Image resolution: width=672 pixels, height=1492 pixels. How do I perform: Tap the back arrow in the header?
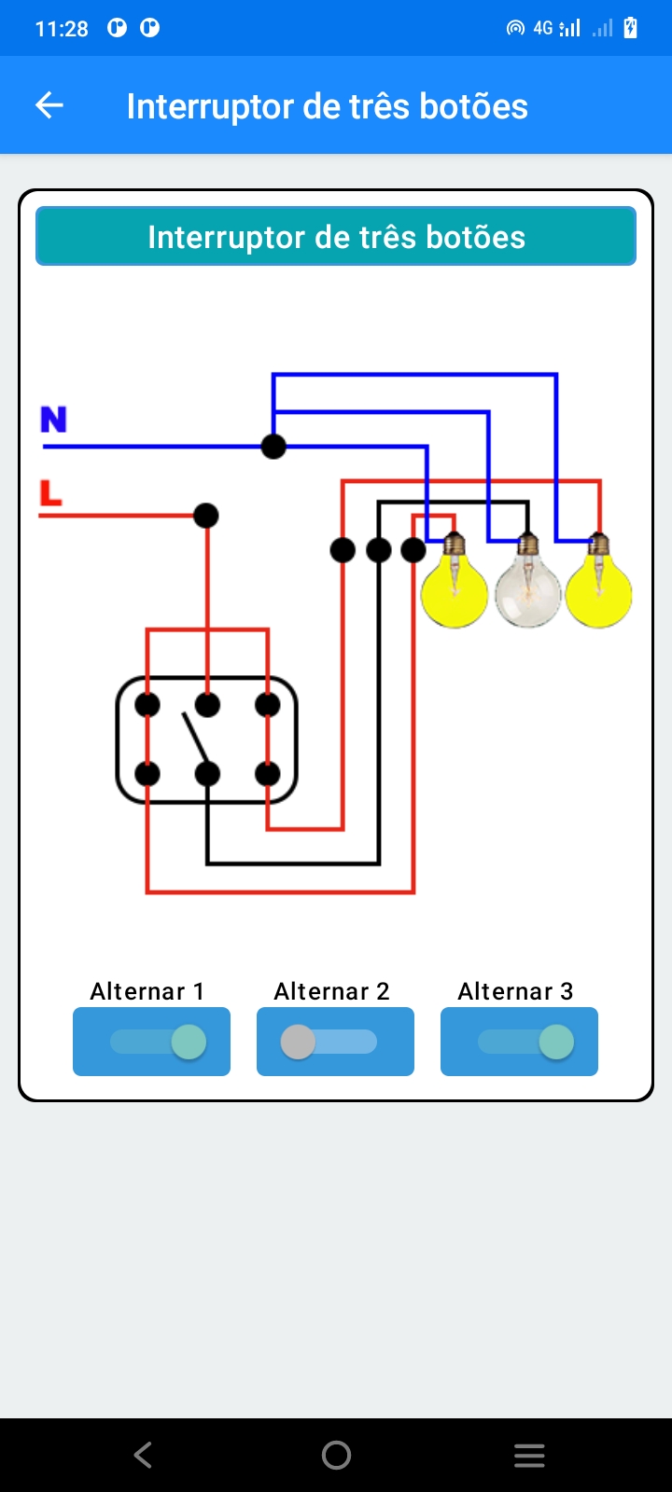tap(49, 105)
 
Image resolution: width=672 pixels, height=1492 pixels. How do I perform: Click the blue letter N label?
tap(53, 420)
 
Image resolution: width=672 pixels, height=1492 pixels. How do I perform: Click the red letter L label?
tap(50, 492)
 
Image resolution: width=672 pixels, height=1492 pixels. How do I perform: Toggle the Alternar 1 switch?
tap(151, 1042)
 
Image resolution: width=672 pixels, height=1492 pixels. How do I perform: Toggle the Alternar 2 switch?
tap(335, 1042)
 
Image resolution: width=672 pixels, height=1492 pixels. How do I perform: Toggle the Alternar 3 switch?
tap(519, 1042)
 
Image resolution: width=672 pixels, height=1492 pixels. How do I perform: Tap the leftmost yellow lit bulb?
tap(455, 589)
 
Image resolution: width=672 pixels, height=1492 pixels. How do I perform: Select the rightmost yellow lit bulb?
tap(599, 589)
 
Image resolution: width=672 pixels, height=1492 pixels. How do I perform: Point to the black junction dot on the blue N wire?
tap(273, 447)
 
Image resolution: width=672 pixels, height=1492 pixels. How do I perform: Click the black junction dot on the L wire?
tap(206, 515)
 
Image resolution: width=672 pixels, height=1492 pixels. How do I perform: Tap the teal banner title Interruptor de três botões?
tap(336, 237)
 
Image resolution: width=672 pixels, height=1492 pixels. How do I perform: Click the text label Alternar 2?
tap(331, 991)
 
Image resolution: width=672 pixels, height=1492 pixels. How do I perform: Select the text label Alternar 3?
tap(515, 991)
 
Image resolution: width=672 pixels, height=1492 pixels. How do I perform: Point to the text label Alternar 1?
tap(147, 991)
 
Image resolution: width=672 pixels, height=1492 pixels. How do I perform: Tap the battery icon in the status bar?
tap(631, 28)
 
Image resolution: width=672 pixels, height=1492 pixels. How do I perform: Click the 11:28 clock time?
tap(62, 29)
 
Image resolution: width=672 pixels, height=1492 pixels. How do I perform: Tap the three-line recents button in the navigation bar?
tap(529, 1455)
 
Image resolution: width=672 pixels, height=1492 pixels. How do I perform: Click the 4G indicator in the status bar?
tap(543, 29)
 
